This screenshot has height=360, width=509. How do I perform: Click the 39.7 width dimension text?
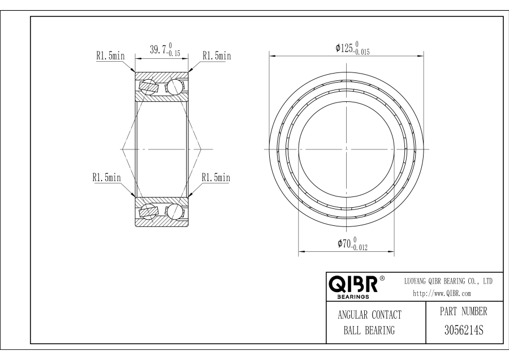[x=165, y=49]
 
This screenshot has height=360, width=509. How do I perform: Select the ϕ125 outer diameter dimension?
[x=352, y=48]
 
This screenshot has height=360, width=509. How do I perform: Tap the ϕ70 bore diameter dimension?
[x=352, y=243]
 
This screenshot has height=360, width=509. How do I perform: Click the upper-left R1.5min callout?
[x=110, y=55]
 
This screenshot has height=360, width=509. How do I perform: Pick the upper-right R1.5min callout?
[x=217, y=55]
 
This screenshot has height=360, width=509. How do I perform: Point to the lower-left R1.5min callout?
[x=106, y=177]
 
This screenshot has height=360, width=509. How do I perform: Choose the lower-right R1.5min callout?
[x=216, y=177]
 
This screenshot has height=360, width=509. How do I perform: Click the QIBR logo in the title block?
[x=353, y=284]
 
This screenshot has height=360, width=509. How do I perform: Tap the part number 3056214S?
[x=464, y=330]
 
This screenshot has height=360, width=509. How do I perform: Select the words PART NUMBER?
[x=464, y=311]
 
